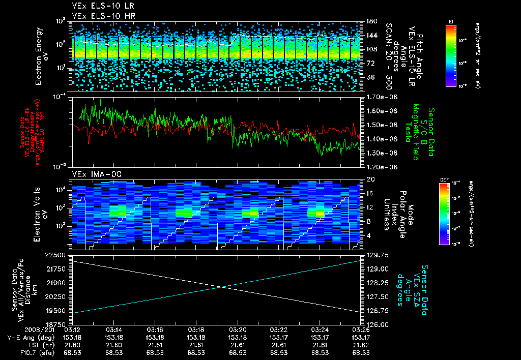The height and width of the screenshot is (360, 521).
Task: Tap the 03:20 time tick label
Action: click(x=238, y=330)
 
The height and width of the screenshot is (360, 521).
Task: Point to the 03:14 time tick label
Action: click(x=114, y=330)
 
